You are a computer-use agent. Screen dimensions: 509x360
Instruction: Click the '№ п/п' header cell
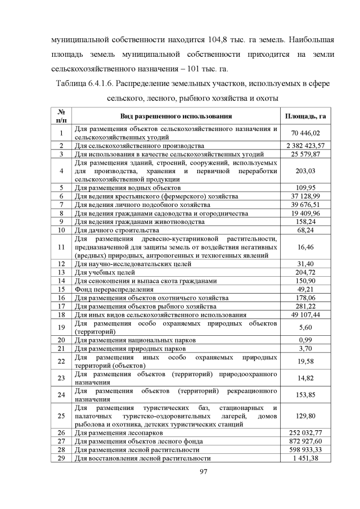(x=61, y=116)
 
